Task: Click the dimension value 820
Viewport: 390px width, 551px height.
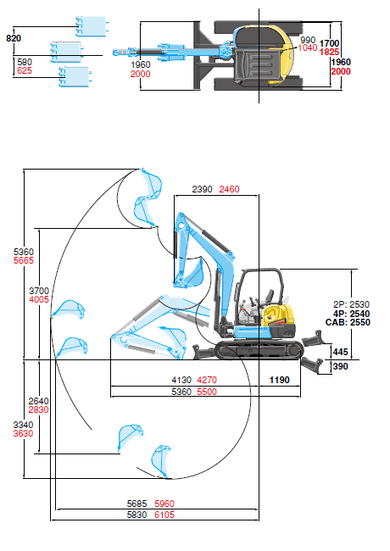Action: tap(14, 38)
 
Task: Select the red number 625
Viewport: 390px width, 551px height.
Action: tap(25, 70)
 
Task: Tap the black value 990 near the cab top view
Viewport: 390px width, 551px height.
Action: tap(308, 40)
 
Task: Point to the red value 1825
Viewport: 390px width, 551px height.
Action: tap(329, 52)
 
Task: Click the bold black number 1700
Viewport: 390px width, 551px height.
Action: tap(329, 43)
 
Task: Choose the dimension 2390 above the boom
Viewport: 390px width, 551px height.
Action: tap(202, 189)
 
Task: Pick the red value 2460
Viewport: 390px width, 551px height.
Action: tap(229, 189)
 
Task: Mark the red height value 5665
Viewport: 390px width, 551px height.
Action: tap(24, 260)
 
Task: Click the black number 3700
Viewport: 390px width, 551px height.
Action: tap(39, 291)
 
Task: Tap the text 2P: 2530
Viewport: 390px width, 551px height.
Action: tap(351, 304)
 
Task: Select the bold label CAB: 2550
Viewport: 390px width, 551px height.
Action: tap(348, 322)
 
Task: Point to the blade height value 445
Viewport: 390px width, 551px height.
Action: tap(340, 352)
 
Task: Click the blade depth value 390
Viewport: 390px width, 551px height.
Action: tap(340, 366)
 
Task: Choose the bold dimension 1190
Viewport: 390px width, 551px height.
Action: tap(279, 380)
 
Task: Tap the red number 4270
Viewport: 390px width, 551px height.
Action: tap(207, 380)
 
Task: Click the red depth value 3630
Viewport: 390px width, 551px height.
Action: tap(23, 433)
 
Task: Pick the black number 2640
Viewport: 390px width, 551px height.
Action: tap(39, 401)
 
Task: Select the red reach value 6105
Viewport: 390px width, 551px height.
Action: tap(164, 515)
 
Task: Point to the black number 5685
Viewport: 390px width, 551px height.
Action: tap(136, 504)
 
